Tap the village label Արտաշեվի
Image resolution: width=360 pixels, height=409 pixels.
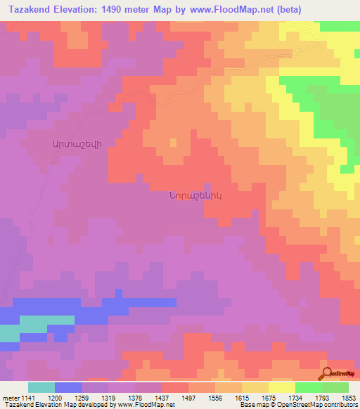click(77, 143)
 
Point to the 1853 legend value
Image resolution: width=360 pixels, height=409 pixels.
click(349, 397)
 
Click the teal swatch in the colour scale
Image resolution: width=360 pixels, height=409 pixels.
click(41, 387)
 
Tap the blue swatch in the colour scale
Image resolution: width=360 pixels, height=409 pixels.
click(68, 387)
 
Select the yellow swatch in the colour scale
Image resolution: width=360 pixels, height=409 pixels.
click(282, 387)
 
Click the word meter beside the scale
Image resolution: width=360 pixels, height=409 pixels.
click(10, 397)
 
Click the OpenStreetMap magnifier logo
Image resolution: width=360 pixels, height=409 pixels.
click(326, 374)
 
